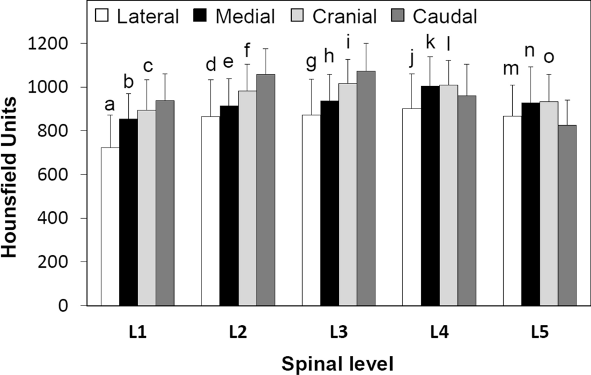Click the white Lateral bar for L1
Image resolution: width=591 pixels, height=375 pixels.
pyautogui.click(x=110, y=226)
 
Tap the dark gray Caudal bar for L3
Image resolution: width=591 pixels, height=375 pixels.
pyautogui.click(x=366, y=188)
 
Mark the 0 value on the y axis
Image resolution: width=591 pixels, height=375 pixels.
pyautogui.click(x=72, y=306)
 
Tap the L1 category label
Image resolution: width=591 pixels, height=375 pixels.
pyautogui.click(x=137, y=332)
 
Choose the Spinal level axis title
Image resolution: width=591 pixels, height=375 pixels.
pyautogui.click(x=338, y=363)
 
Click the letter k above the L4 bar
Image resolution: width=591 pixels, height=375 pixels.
pyautogui.click(x=430, y=43)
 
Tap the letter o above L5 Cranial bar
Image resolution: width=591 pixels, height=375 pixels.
pyautogui.click(x=549, y=57)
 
